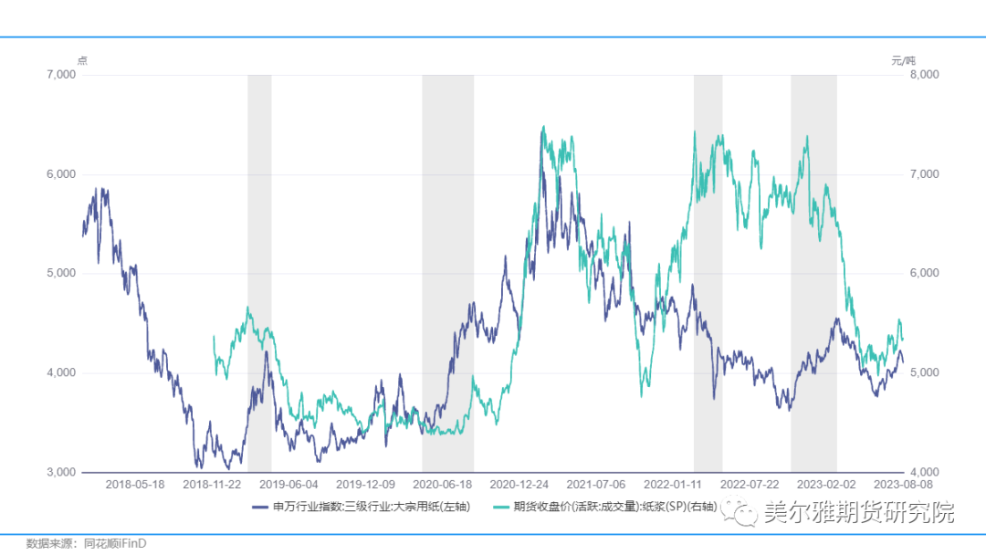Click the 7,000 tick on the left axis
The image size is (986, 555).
pos(61,75)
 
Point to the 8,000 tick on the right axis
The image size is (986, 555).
pos(924,75)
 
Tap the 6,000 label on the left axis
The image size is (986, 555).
pos(61,174)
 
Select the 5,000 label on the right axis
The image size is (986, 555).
pos(924,373)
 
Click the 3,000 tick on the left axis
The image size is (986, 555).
pos(61,472)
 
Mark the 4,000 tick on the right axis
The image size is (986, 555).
pos(924,472)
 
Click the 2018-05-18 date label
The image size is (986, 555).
pos(135,485)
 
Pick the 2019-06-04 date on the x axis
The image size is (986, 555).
pos(288,485)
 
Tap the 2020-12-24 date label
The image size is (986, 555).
pos(519,485)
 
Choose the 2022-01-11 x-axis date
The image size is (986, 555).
pos(672,485)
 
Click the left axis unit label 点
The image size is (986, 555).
pos(82,60)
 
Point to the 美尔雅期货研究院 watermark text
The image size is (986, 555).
pos(858,512)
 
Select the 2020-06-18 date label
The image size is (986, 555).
pos(442,485)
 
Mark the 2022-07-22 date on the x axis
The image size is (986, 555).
pos(749,485)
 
